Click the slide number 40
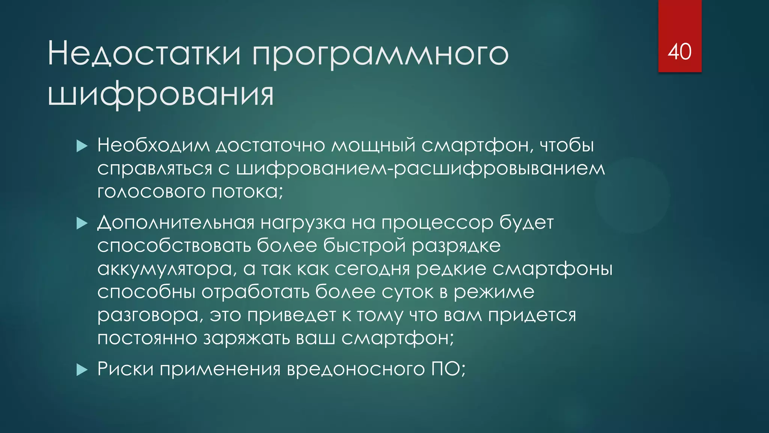(x=679, y=51)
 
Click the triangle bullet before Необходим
(x=81, y=146)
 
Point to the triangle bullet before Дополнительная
(x=81, y=224)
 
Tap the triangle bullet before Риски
(x=81, y=370)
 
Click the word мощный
(x=373, y=145)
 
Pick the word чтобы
(x=567, y=145)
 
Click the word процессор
(x=437, y=223)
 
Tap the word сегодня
(x=372, y=269)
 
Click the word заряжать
(x=247, y=338)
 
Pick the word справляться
(x=155, y=169)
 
